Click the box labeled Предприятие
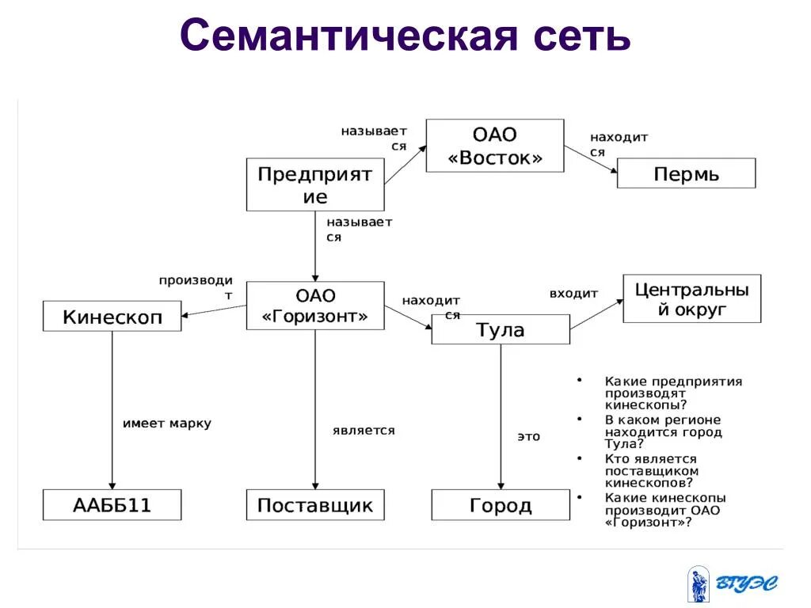click(x=315, y=184)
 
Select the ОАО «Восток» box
click(x=495, y=146)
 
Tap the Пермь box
click(x=686, y=173)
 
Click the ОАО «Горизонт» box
click(x=315, y=306)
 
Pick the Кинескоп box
click(x=112, y=317)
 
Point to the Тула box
click(x=500, y=329)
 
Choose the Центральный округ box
click(x=691, y=298)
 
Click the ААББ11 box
click(x=112, y=504)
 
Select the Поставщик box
click(x=315, y=504)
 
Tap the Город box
click(x=500, y=504)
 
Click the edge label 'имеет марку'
click(x=166, y=424)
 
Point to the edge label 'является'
click(x=364, y=431)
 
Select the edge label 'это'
click(x=528, y=436)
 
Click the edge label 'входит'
click(x=573, y=294)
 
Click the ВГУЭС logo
click(x=733, y=584)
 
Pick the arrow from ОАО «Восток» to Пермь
click(x=590, y=160)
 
